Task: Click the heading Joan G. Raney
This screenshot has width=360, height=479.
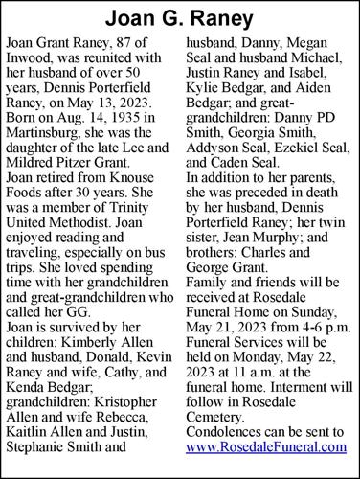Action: pos(180,18)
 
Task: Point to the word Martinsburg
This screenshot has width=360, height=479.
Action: pos(46,140)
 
